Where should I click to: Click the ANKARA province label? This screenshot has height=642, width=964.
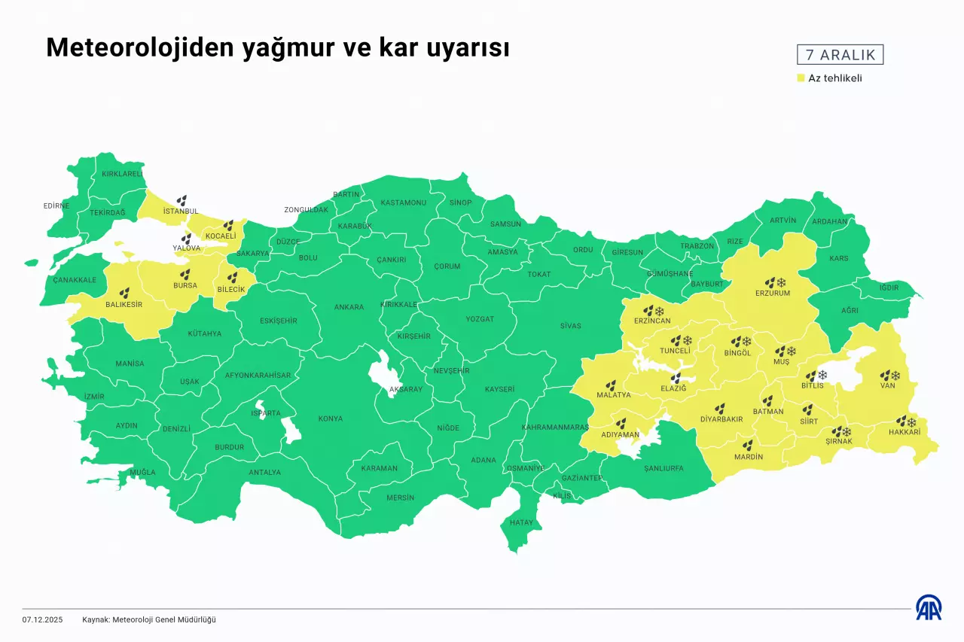349,307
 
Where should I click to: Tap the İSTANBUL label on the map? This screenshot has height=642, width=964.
181,211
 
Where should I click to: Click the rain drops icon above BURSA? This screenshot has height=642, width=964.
185,274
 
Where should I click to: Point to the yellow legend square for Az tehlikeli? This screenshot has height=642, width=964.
801,78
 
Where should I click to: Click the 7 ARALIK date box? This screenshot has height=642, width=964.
840,55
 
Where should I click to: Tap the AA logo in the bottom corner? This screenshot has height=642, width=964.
928,607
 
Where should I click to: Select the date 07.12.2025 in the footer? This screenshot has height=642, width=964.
42,619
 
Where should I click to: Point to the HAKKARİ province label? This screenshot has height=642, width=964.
905,433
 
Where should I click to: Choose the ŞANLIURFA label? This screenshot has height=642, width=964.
664,468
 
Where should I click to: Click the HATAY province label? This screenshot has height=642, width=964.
521,522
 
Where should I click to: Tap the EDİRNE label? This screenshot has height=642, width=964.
56,205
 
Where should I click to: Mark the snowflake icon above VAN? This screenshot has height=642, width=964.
895,375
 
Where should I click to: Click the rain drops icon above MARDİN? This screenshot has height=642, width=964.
747,445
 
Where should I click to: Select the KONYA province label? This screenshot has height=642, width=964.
330,418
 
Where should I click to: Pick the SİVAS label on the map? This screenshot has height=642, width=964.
570,326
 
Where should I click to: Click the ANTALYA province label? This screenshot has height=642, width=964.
264,473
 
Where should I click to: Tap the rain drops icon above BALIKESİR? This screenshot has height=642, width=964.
124,292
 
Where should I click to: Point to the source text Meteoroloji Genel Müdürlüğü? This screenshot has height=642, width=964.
163,619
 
